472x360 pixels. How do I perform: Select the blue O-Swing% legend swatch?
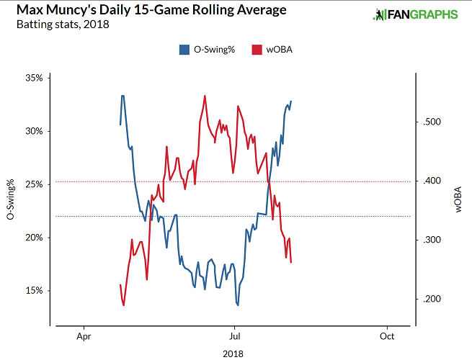(x=182, y=50)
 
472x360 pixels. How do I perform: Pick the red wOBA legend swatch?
(x=256, y=50)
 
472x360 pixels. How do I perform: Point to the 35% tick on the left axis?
(x=36, y=78)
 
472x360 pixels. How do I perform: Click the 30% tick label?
(x=36, y=131)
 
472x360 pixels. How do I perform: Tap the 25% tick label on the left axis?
(x=36, y=184)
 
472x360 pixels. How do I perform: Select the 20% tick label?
(x=36, y=238)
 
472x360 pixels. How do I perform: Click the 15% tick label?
(x=36, y=291)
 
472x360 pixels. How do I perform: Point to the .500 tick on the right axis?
(x=430, y=122)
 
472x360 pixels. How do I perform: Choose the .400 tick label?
(x=430, y=181)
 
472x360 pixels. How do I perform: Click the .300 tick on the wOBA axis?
(x=430, y=240)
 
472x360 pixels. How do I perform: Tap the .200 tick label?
(x=430, y=299)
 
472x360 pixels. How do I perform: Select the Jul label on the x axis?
(x=234, y=336)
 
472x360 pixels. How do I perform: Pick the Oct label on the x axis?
(x=387, y=336)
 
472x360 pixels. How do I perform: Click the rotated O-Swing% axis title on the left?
(x=10, y=199)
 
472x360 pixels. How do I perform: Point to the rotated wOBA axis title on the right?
(x=459, y=199)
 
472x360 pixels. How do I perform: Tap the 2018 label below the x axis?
(x=233, y=353)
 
